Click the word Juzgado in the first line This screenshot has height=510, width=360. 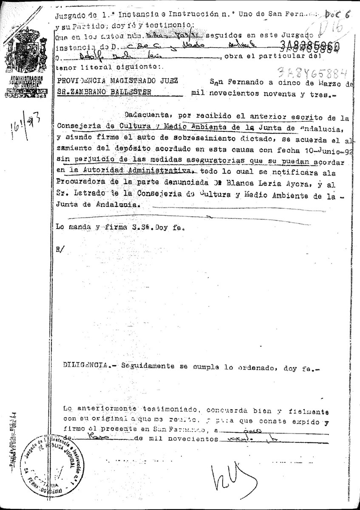[x=70, y=16]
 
